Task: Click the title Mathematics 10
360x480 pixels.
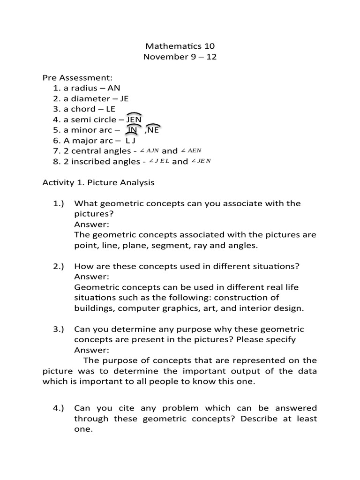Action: pyautogui.click(x=180, y=46)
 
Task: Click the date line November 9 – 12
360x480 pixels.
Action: pyautogui.click(x=180, y=57)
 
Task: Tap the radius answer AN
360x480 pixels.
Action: pyautogui.click(x=114, y=88)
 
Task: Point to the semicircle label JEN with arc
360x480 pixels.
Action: pyautogui.click(x=134, y=119)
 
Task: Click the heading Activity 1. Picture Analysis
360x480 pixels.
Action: pyautogui.click(x=98, y=182)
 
